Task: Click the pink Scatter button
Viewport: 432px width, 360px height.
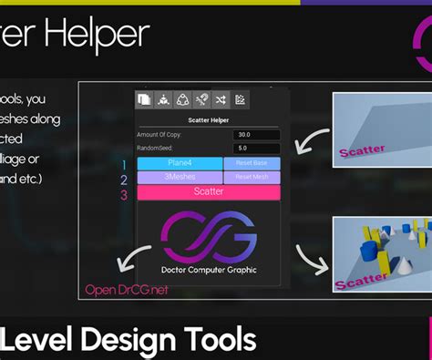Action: [209, 192]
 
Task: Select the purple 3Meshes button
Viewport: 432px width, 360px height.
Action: [180, 178]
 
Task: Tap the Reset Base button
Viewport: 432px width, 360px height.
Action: [252, 163]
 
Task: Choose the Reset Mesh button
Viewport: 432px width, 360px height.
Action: [252, 178]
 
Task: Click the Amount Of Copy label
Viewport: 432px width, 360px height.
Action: [160, 135]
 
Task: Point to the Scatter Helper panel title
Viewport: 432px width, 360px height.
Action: [209, 120]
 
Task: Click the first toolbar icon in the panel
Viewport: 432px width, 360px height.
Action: [143, 100]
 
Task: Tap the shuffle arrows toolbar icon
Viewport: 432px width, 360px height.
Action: [221, 100]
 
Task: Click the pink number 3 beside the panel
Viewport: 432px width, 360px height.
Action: [124, 195]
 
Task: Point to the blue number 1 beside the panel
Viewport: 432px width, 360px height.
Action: [124, 165]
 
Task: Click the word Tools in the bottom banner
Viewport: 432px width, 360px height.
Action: [215, 341]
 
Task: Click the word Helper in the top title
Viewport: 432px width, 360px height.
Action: [95, 35]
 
